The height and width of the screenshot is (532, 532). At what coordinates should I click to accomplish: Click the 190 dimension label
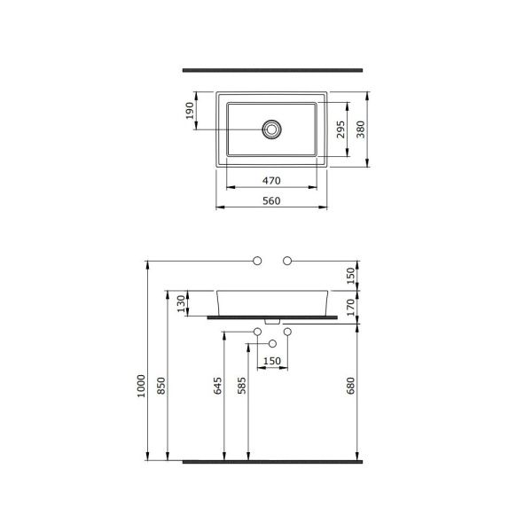(190, 111)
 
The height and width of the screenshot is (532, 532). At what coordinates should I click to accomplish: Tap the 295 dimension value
(340, 129)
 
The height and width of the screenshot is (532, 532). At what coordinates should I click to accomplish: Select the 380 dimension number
(360, 129)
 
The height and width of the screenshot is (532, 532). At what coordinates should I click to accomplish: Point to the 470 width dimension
(271, 181)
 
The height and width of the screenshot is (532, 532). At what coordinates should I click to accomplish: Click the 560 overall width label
(271, 201)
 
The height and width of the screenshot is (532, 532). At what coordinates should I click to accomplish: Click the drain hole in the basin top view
(271, 129)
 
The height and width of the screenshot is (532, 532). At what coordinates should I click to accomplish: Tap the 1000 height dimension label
(141, 386)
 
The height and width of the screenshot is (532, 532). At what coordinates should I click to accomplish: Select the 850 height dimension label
(161, 386)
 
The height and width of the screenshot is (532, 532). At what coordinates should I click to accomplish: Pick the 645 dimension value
(217, 386)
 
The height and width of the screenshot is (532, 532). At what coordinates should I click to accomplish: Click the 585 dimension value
(241, 386)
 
